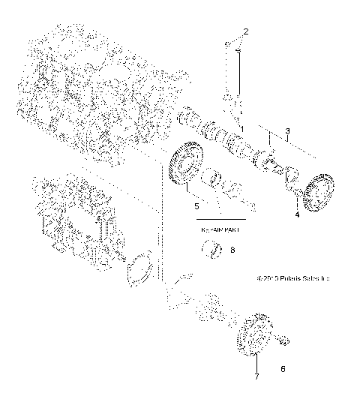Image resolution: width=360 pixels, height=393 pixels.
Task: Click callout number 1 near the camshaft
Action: click(x=241, y=130)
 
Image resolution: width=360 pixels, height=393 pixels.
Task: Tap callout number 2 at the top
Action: click(x=244, y=31)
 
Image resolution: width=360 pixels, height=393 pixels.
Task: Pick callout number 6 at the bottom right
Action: click(x=283, y=368)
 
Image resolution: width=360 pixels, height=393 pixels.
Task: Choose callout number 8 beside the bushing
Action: click(x=232, y=250)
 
